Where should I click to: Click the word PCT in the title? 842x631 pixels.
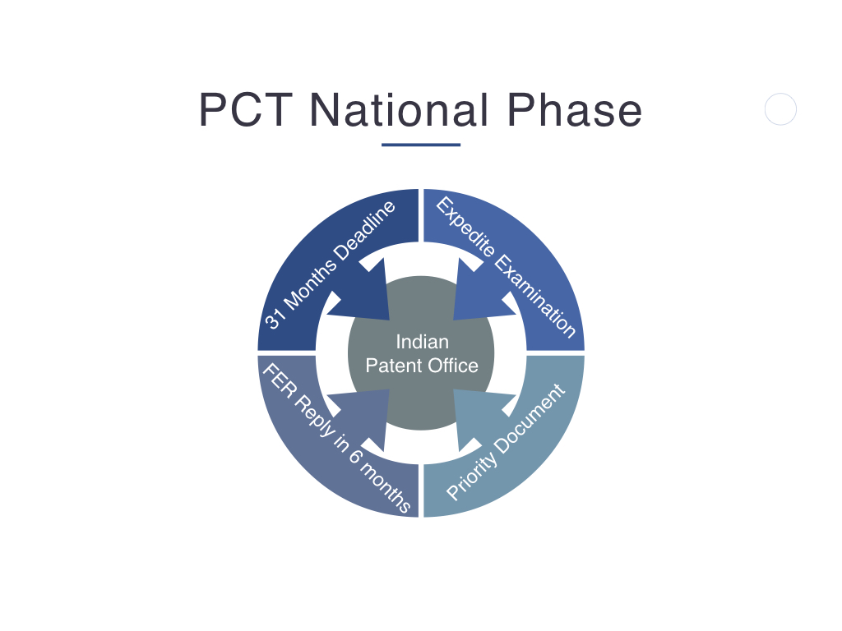click(x=246, y=110)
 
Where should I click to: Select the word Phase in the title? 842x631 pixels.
click(x=575, y=110)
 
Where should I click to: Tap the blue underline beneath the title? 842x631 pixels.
click(x=421, y=145)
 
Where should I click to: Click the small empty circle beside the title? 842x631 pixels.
click(x=780, y=109)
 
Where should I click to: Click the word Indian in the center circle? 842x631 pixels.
click(x=422, y=342)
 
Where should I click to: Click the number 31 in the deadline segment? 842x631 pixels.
click(x=275, y=318)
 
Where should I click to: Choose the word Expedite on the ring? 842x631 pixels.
click(x=465, y=228)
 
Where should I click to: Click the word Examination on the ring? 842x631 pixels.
click(x=534, y=296)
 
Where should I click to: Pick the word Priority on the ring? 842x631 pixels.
click(x=468, y=474)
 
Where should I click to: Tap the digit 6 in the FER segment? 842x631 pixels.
click(x=355, y=456)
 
